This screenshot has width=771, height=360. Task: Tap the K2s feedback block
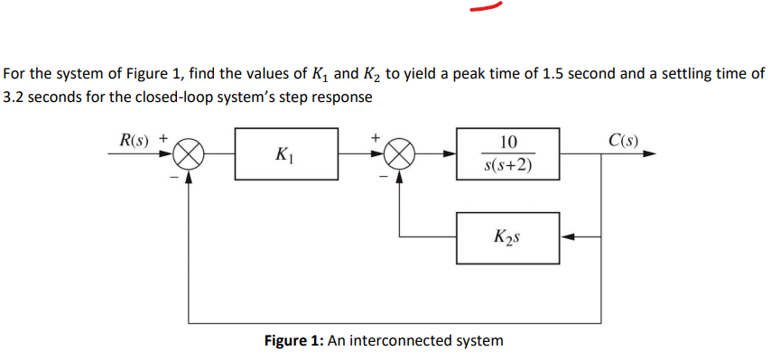[507, 237]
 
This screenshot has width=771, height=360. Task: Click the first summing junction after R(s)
[188, 154]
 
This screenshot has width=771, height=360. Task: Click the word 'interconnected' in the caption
[402, 341]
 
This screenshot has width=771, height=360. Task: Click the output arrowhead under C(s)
[649, 154]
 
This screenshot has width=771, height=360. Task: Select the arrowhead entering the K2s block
[566, 238]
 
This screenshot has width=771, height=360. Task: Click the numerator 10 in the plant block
[507, 141]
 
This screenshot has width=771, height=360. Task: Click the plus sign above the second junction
[375, 139]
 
